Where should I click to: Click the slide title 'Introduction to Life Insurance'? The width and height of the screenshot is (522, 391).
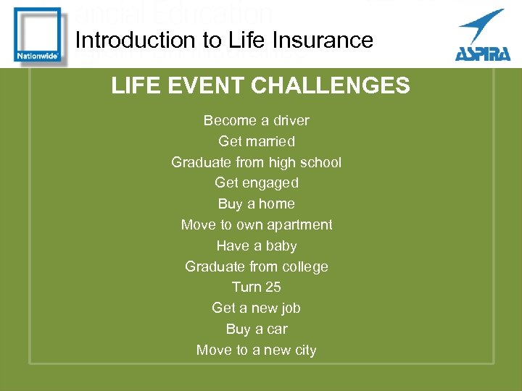tap(224, 40)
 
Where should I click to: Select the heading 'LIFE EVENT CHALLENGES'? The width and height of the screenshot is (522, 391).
tap(260, 86)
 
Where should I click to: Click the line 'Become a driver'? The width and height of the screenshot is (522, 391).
tap(256, 120)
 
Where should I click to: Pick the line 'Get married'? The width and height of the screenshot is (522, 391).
tap(256, 141)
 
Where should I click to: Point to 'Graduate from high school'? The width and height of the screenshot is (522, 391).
tap(256, 162)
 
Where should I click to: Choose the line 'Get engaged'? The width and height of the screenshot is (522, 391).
tap(256, 183)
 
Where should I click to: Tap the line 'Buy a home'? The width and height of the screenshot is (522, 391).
tap(256, 203)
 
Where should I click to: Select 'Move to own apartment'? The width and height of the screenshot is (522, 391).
tap(256, 224)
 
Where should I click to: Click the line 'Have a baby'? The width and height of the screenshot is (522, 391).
tap(256, 245)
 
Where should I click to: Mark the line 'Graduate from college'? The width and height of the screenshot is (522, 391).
tap(256, 266)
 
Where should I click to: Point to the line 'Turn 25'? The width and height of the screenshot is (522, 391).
tap(256, 287)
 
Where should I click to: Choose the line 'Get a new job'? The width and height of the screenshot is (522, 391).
tap(256, 308)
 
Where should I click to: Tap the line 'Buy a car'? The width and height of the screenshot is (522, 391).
tap(256, 329)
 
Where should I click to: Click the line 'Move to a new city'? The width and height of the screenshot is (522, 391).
tap(256, 350)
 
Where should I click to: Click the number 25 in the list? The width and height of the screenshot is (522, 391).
tap(272, 287)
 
